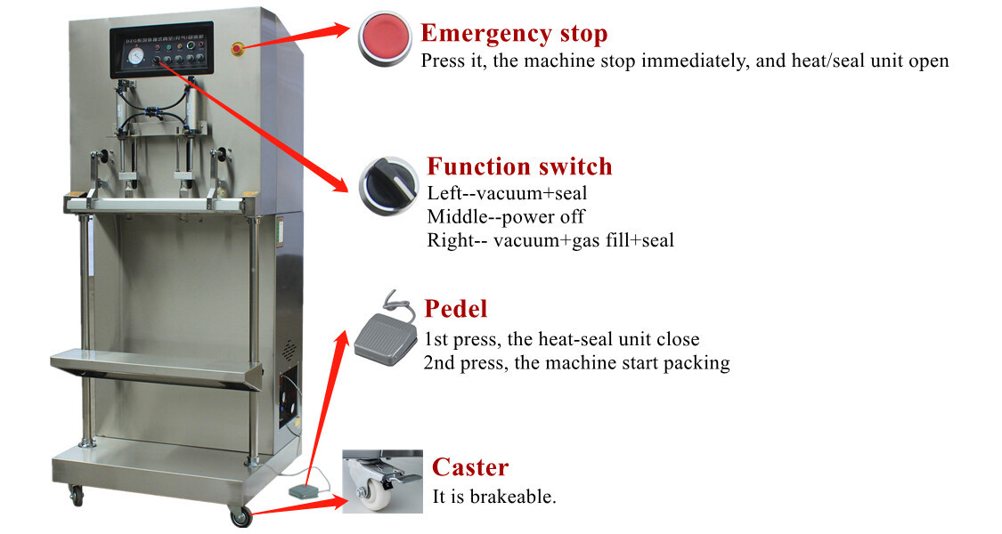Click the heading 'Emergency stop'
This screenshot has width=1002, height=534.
[514, 34]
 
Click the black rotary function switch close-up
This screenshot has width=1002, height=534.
[388, 185]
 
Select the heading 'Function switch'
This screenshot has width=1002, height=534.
[519, 166]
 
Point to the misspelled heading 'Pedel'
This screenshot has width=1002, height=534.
[456, 309]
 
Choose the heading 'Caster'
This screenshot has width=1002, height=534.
[470, 467]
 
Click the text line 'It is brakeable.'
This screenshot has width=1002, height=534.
[494, 497]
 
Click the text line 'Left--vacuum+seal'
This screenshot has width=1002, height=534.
[507, 192]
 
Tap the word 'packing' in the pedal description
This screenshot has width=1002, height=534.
[699, 363]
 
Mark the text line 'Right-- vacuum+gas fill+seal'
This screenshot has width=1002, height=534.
[550, 240]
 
